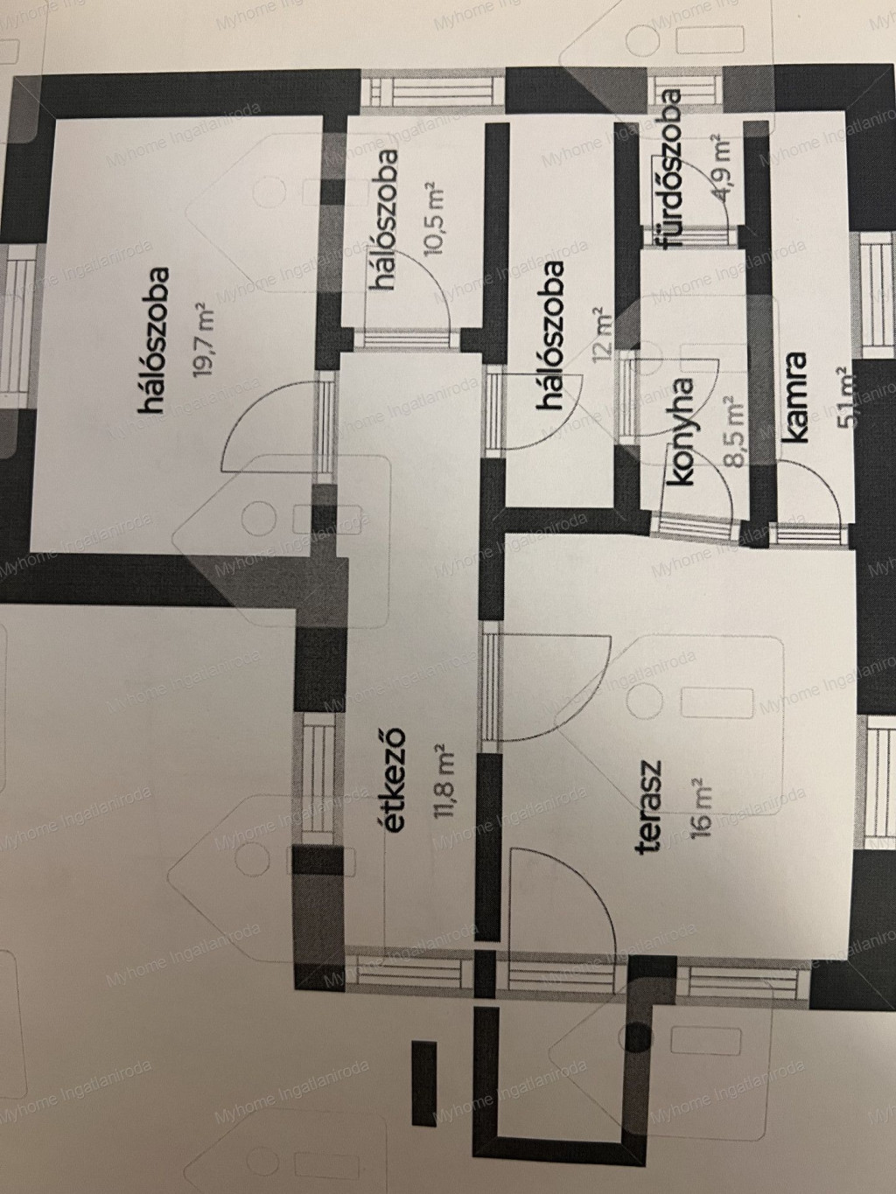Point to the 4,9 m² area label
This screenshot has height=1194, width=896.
click(x=724, y=169)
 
